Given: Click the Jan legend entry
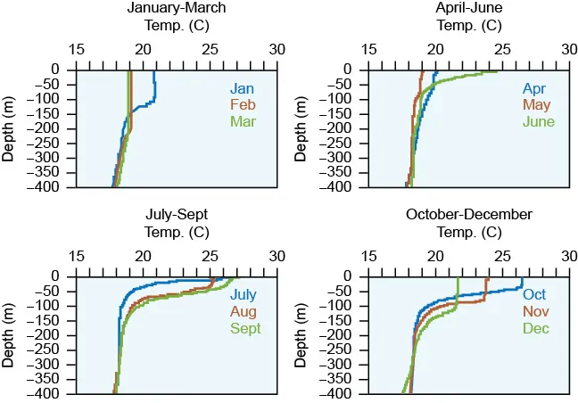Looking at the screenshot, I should (x=242, y=88).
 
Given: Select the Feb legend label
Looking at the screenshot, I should (x=243, y=104).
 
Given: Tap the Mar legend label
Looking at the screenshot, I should (x=243, y=121).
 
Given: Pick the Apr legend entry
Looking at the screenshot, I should (x=534, y=88).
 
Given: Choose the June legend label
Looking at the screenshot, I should (x=538, y=121).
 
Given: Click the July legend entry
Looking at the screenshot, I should (x=244, y=295).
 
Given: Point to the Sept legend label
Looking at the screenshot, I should (x=245, y=328).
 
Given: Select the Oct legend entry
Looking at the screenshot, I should (x=534, y=295).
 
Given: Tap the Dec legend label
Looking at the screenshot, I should (x=535, y=328).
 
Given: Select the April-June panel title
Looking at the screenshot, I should (x=469, y=8).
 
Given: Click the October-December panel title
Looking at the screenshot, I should (x=469, y=215).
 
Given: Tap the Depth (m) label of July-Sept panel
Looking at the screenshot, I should (x=9, y=334).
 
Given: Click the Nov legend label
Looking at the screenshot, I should (x=536, y=311).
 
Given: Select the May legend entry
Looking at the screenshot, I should (x=536, y=104).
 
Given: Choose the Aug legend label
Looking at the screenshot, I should (x=244, y=311).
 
